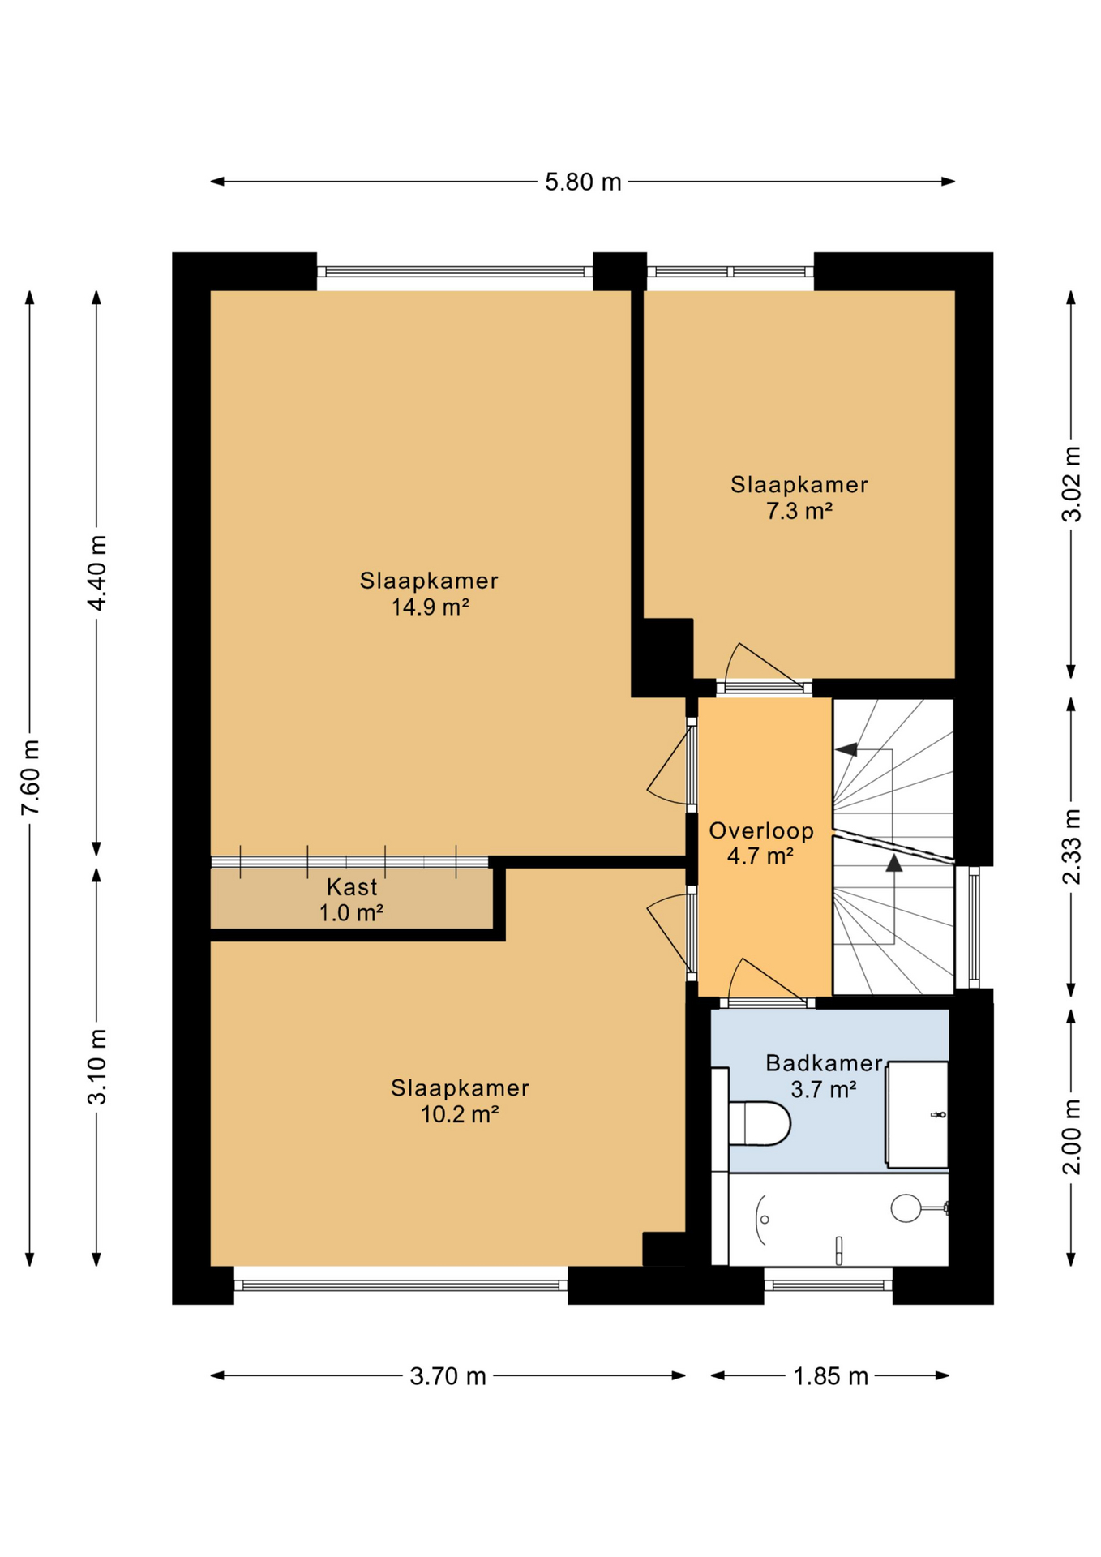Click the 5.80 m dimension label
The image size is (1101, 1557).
582,182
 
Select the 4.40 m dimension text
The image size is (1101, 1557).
96,573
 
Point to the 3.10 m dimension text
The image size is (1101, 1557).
96,1066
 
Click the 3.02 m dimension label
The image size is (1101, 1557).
1071,484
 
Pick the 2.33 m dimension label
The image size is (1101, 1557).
1071,847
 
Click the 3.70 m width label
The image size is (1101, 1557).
448,1376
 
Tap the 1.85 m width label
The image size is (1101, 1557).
830,1376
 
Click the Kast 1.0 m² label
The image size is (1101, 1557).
351,900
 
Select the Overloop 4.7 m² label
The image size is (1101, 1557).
760,843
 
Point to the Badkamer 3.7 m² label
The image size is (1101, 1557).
823,1076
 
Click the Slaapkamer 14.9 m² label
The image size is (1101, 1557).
429,594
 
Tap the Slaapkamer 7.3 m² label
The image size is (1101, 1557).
799,498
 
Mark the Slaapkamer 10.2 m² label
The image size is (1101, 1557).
460,1101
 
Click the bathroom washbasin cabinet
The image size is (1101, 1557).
917,1114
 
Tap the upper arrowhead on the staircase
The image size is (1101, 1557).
847,749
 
